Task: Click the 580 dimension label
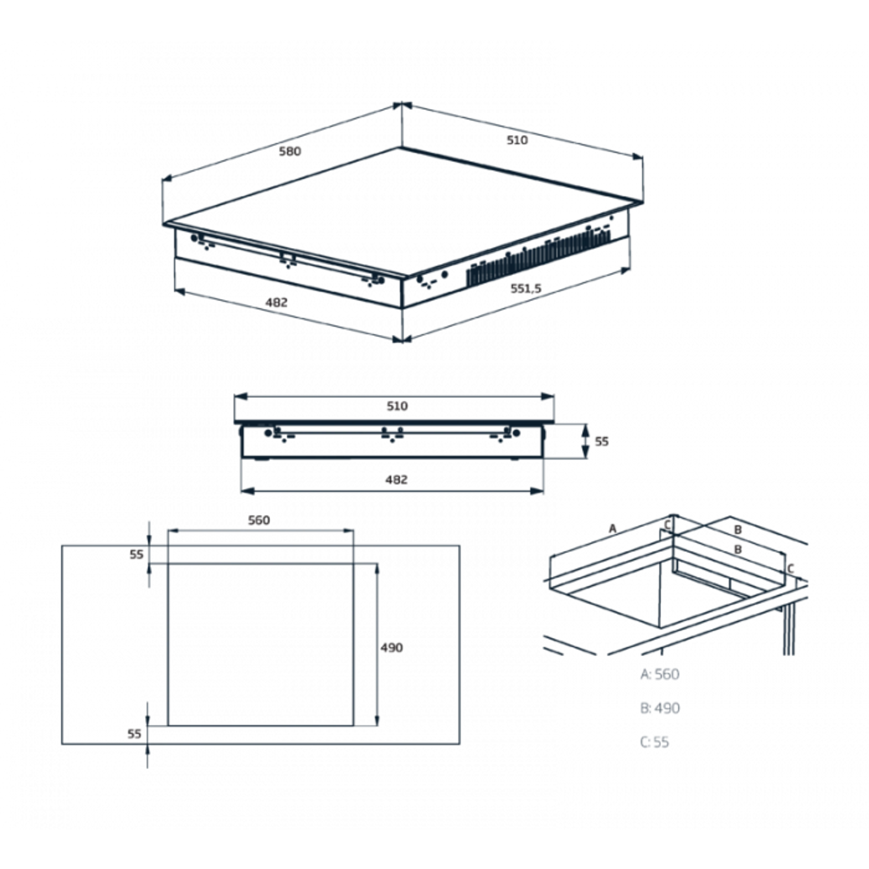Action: coord(290,151)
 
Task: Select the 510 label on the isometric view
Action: coord(517,140)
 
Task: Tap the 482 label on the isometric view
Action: coord(276,302)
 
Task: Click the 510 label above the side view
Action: coord(397,406)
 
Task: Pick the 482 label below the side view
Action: coord(396,480)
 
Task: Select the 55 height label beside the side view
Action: coord(602,442)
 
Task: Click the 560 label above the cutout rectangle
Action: coord(259,521)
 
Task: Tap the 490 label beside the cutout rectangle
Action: coord(392,648)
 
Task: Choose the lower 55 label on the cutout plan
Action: coord(134,733)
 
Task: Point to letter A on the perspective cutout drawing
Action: coord(612,529)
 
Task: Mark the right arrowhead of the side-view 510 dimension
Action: coord(548,396)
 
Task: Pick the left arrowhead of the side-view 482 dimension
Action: coord(248,491)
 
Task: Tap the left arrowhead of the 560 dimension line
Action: coord(174,531)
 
